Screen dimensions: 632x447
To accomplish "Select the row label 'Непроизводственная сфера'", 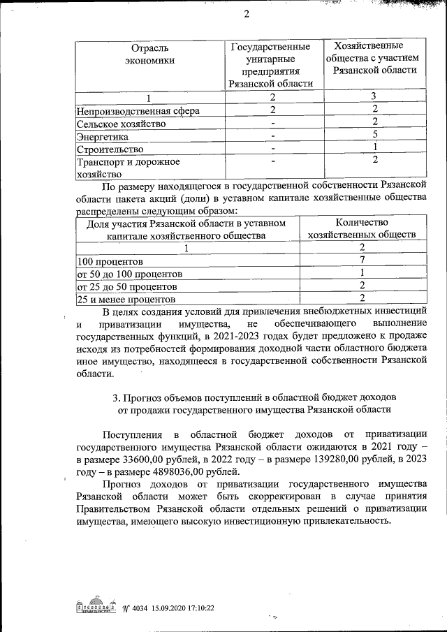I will pos(138,110).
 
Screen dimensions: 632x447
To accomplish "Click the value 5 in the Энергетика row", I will pos(375,134).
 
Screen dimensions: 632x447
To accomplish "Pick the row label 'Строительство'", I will pos(110,149).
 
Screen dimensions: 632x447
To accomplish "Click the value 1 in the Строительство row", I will pos(375,147).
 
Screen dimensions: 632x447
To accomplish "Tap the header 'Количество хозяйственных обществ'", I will pos(362,228).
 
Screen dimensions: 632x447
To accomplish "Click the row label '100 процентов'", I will pos(105,261).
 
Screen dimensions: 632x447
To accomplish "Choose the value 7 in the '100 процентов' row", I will pos(362,260).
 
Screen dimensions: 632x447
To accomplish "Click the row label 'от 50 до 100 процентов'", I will pos(129,274).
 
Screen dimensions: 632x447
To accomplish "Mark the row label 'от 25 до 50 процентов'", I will pos(126,286).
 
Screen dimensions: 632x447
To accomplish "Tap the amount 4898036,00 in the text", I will pos(163,474).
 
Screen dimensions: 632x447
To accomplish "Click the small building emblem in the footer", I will pos(96,607).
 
